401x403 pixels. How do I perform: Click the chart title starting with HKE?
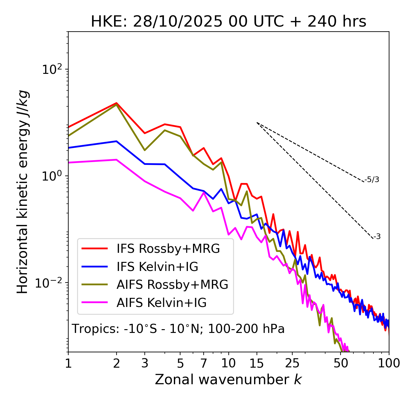[x=228, y=22]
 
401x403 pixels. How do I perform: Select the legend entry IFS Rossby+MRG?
[x=168, y=248]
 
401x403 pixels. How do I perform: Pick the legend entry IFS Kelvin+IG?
[x=157, y=267]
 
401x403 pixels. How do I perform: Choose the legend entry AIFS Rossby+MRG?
[x=172, y=285]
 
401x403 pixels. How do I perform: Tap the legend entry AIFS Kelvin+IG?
[x=162, y=303]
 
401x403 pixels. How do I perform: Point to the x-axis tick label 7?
[x=204, y=363]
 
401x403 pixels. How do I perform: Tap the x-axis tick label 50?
[x=341, y=363]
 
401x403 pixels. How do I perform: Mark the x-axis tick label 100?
[x=388, y=363]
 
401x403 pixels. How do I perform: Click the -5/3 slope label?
[x=372, y=180]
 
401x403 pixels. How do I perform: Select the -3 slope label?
[x=377, y=237]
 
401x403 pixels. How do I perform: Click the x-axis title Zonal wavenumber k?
[x=228, y=380]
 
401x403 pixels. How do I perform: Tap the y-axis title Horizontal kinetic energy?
[x=23, y=192]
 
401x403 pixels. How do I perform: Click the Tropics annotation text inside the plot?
[x=178, y=329]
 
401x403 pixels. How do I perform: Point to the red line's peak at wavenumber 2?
[x=117, y=103]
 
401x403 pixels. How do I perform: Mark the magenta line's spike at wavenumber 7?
[x=204, y=192]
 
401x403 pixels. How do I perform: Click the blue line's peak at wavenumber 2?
[x=117, y=141]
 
